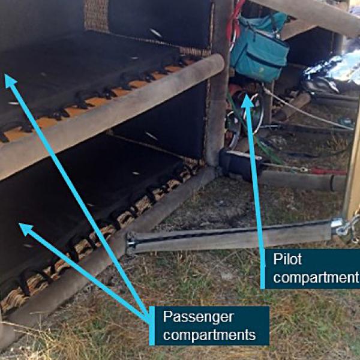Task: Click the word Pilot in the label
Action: (x=287, y=259)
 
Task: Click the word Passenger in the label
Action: (x=199, y=317)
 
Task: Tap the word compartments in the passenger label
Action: (x=209, y=335)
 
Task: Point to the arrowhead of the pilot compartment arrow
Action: (x=247, y=101)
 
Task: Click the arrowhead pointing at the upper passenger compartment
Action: (x=10, y=81)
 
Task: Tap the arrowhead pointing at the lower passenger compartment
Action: (x=25, y=229)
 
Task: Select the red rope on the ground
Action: (x=328, y=171)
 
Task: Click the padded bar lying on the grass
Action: (x=230, y=239)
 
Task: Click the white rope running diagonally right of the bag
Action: (x=308, y=110)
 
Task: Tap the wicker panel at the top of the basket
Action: (x=96, y=15)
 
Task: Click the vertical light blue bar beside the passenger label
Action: (x=152, y=326)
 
